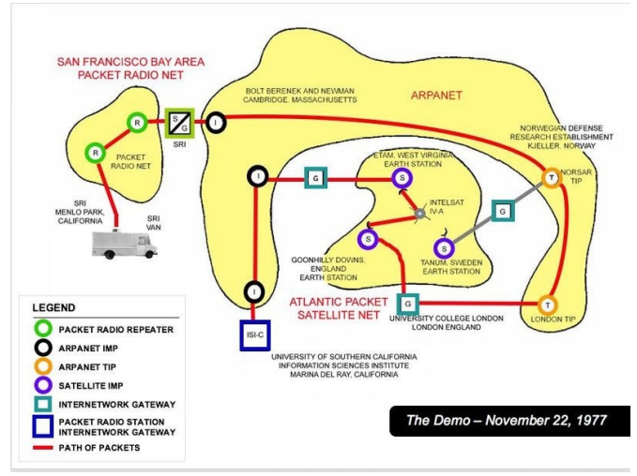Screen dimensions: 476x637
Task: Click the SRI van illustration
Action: point(124,244)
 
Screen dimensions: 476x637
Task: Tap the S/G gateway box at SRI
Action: point(178,122)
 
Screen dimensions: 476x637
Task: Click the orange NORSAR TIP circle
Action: point(552,176)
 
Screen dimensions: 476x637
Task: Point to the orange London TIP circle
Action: point(546,305)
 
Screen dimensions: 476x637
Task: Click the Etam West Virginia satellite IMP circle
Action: point(402,177)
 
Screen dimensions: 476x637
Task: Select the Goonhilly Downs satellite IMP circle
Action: point(368,239)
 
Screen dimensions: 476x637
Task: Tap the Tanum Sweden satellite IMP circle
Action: point(445,247)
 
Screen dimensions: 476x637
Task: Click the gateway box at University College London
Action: point(406,304)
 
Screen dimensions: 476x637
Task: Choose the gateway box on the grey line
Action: point(503,212)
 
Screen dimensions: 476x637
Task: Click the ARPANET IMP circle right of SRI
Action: point(216,122)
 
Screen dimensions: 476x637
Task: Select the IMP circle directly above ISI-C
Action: point(254,291)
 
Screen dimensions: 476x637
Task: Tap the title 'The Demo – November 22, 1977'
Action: point(506,420)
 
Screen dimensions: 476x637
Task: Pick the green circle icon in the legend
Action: point(43,329)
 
